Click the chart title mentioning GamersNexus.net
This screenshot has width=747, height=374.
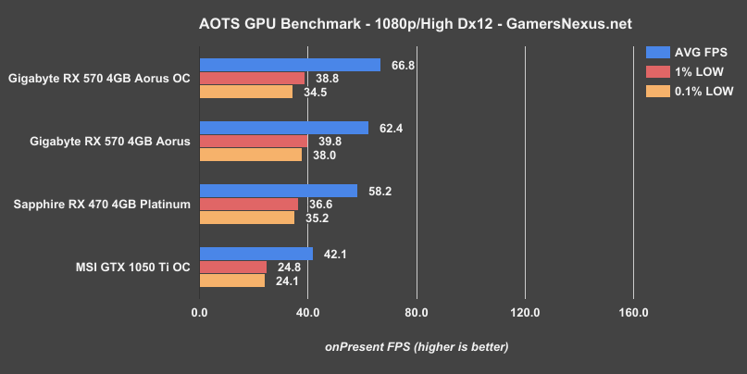click(x=373, y=19)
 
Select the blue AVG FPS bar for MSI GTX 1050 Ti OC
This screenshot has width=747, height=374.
click(x=256, y=254)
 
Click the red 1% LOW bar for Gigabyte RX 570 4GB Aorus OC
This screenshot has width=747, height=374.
click(x=252, y=79)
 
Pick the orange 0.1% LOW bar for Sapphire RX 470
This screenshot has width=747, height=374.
click(x=246, y=218)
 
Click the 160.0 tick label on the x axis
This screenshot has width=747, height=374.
click(x=633, y=311)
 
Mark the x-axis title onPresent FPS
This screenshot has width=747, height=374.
click(x=416, y=346)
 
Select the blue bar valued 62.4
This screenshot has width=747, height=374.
click(x=283, y=128)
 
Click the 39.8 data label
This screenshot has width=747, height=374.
click(x=329, y=142)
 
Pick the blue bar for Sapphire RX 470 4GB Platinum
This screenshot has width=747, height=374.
click(x=278, y=191)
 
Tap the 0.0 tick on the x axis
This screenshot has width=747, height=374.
click(x=199, y=311)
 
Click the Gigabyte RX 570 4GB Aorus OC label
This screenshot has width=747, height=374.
click(x=99, y=79)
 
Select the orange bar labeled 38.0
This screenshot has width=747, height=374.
click(x=251, y=156)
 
